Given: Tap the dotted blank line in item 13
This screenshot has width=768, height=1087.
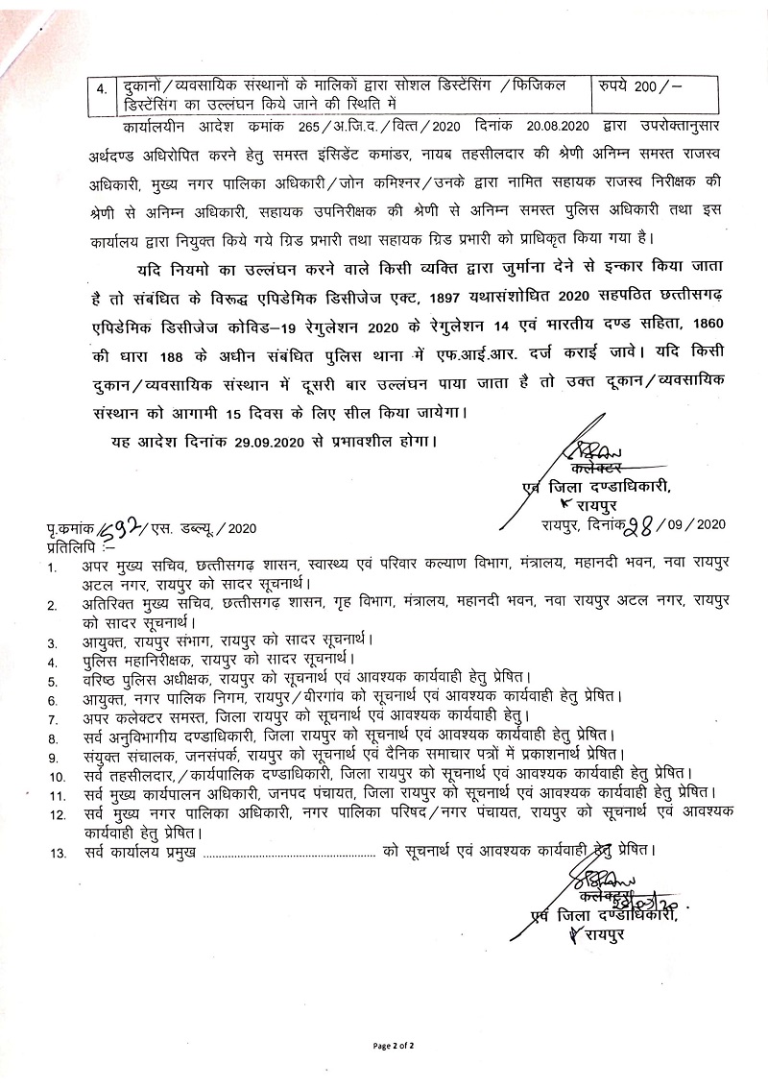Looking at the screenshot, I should click(x=288, y=851).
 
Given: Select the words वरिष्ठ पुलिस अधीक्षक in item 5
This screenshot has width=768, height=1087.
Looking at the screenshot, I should click(x=149, y=679).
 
